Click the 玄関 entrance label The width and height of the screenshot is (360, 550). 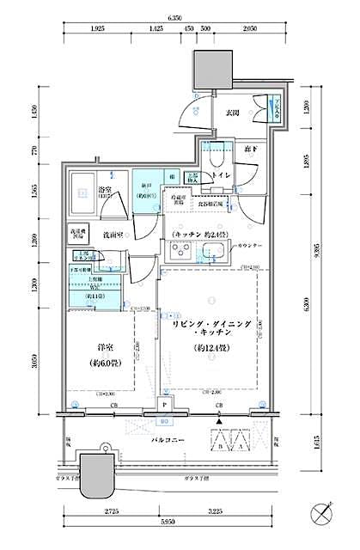click(x=232, y=113)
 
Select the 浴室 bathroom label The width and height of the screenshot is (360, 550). click(x=106, y=192)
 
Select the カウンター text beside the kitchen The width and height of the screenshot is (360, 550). click(x=251, y=246)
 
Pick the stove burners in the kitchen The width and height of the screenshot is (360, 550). click(x=182, y=251)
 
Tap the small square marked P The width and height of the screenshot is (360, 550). click(x=164, y=402)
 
